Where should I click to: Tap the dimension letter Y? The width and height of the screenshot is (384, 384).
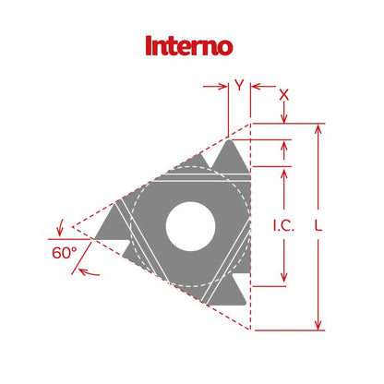point(239,86)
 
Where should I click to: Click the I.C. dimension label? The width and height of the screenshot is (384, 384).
point(284,224)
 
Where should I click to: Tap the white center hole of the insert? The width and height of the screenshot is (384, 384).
point(192,225)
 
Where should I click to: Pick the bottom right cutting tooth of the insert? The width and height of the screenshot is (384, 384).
point(230,290)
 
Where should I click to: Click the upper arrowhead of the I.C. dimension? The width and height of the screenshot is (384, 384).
point(284,171)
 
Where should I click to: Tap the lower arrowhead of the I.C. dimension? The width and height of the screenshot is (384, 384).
point(284,280)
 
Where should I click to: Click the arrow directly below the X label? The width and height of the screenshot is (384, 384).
point(284,115)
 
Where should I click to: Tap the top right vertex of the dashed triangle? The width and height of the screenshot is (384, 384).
point(250,124)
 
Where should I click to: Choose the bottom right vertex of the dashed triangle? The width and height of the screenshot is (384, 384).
point(250,329)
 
